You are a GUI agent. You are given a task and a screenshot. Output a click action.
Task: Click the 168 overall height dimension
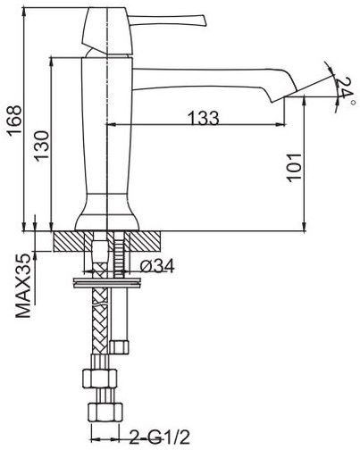[15, 121]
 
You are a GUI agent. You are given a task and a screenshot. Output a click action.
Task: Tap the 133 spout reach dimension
[204, 118]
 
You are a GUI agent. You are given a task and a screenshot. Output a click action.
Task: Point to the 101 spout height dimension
[295, 167]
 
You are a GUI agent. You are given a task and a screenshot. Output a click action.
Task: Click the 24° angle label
[345, 88]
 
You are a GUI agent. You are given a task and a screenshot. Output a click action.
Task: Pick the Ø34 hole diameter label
[157, 265]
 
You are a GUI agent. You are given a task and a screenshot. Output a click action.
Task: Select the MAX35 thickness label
[23, 286]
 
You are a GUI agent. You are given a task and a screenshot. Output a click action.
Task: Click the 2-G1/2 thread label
[160, 437]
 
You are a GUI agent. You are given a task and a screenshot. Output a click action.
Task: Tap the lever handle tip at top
[204, 21]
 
